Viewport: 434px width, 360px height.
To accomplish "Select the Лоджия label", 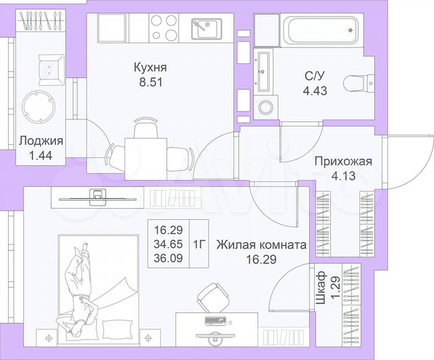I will (x=41, y=141).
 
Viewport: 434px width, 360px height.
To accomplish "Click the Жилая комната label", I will (x=261, y=245).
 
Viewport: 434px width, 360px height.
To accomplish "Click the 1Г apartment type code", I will (x=199, y=244).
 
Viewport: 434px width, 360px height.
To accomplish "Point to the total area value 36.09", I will (x=169, y=258).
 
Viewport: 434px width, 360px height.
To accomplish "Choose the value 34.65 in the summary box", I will (x=169, y=245).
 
